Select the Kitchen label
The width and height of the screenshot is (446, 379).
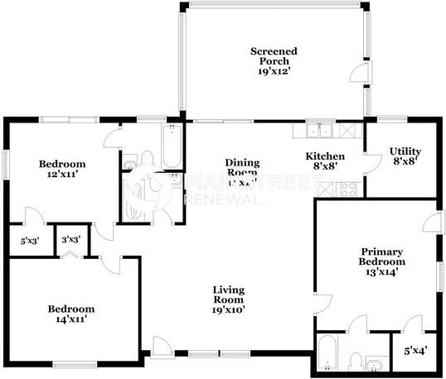tap(325, 156)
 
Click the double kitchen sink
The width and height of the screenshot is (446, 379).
tap(318, 131)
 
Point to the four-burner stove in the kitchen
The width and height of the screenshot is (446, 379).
tap(349, 189)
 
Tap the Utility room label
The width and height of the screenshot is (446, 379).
tap(405, 151)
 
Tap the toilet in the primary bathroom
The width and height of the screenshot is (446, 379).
tap(354, 361)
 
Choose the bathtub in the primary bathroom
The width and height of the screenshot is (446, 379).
tap(326, 354)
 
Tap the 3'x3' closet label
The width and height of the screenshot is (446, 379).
tap(71, 241)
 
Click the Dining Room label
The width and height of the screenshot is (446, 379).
tap(243, 168)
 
